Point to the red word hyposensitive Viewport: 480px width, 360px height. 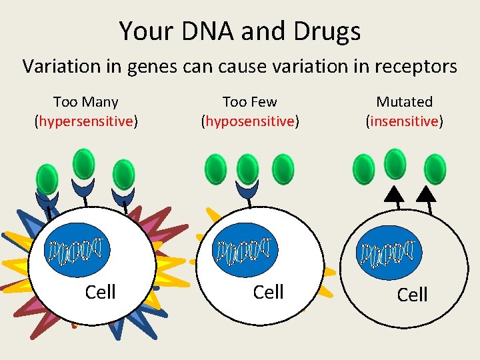coord(250,121)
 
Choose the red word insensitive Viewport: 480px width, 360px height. coord(404,121)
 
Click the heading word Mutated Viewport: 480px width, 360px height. coord(404,102)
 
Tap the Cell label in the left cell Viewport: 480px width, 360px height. coord(101,291)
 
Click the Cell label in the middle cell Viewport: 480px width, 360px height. coord(269,291)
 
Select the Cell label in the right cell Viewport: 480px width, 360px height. coord(412,294)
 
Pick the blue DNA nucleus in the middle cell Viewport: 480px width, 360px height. coord(245,250)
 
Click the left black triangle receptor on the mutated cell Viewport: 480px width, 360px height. coord(395,193)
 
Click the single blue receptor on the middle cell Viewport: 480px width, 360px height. coord(249,190)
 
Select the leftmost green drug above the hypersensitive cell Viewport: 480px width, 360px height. coord(47,178)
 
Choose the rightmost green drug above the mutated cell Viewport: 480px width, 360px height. coord(435,169)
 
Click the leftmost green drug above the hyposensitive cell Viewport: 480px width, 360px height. coord(216,169)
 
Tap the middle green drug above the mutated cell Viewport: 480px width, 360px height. coord(395,164)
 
